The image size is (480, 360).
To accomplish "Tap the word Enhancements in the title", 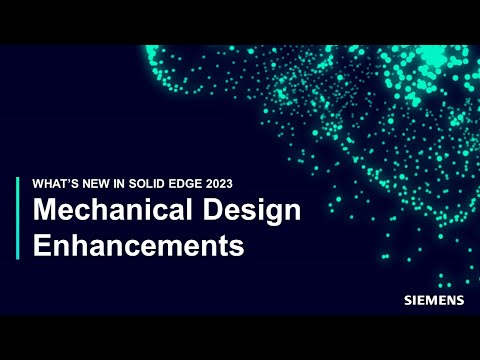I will coord(139,245).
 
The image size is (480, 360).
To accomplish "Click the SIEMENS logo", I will coord(432,299).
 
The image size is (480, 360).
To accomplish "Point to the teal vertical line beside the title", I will coord(18,218).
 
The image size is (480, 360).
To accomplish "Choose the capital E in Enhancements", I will coord(42,245).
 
